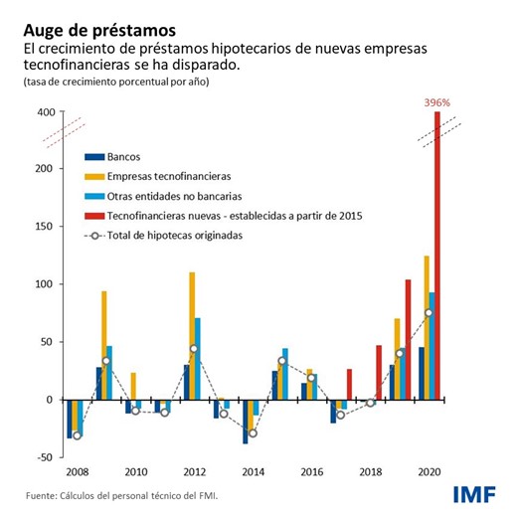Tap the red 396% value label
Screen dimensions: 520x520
(437, 101)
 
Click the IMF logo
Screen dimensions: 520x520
(473, 494)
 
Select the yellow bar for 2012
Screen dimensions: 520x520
(192, 335)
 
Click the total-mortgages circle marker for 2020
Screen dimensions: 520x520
(429, 313)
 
